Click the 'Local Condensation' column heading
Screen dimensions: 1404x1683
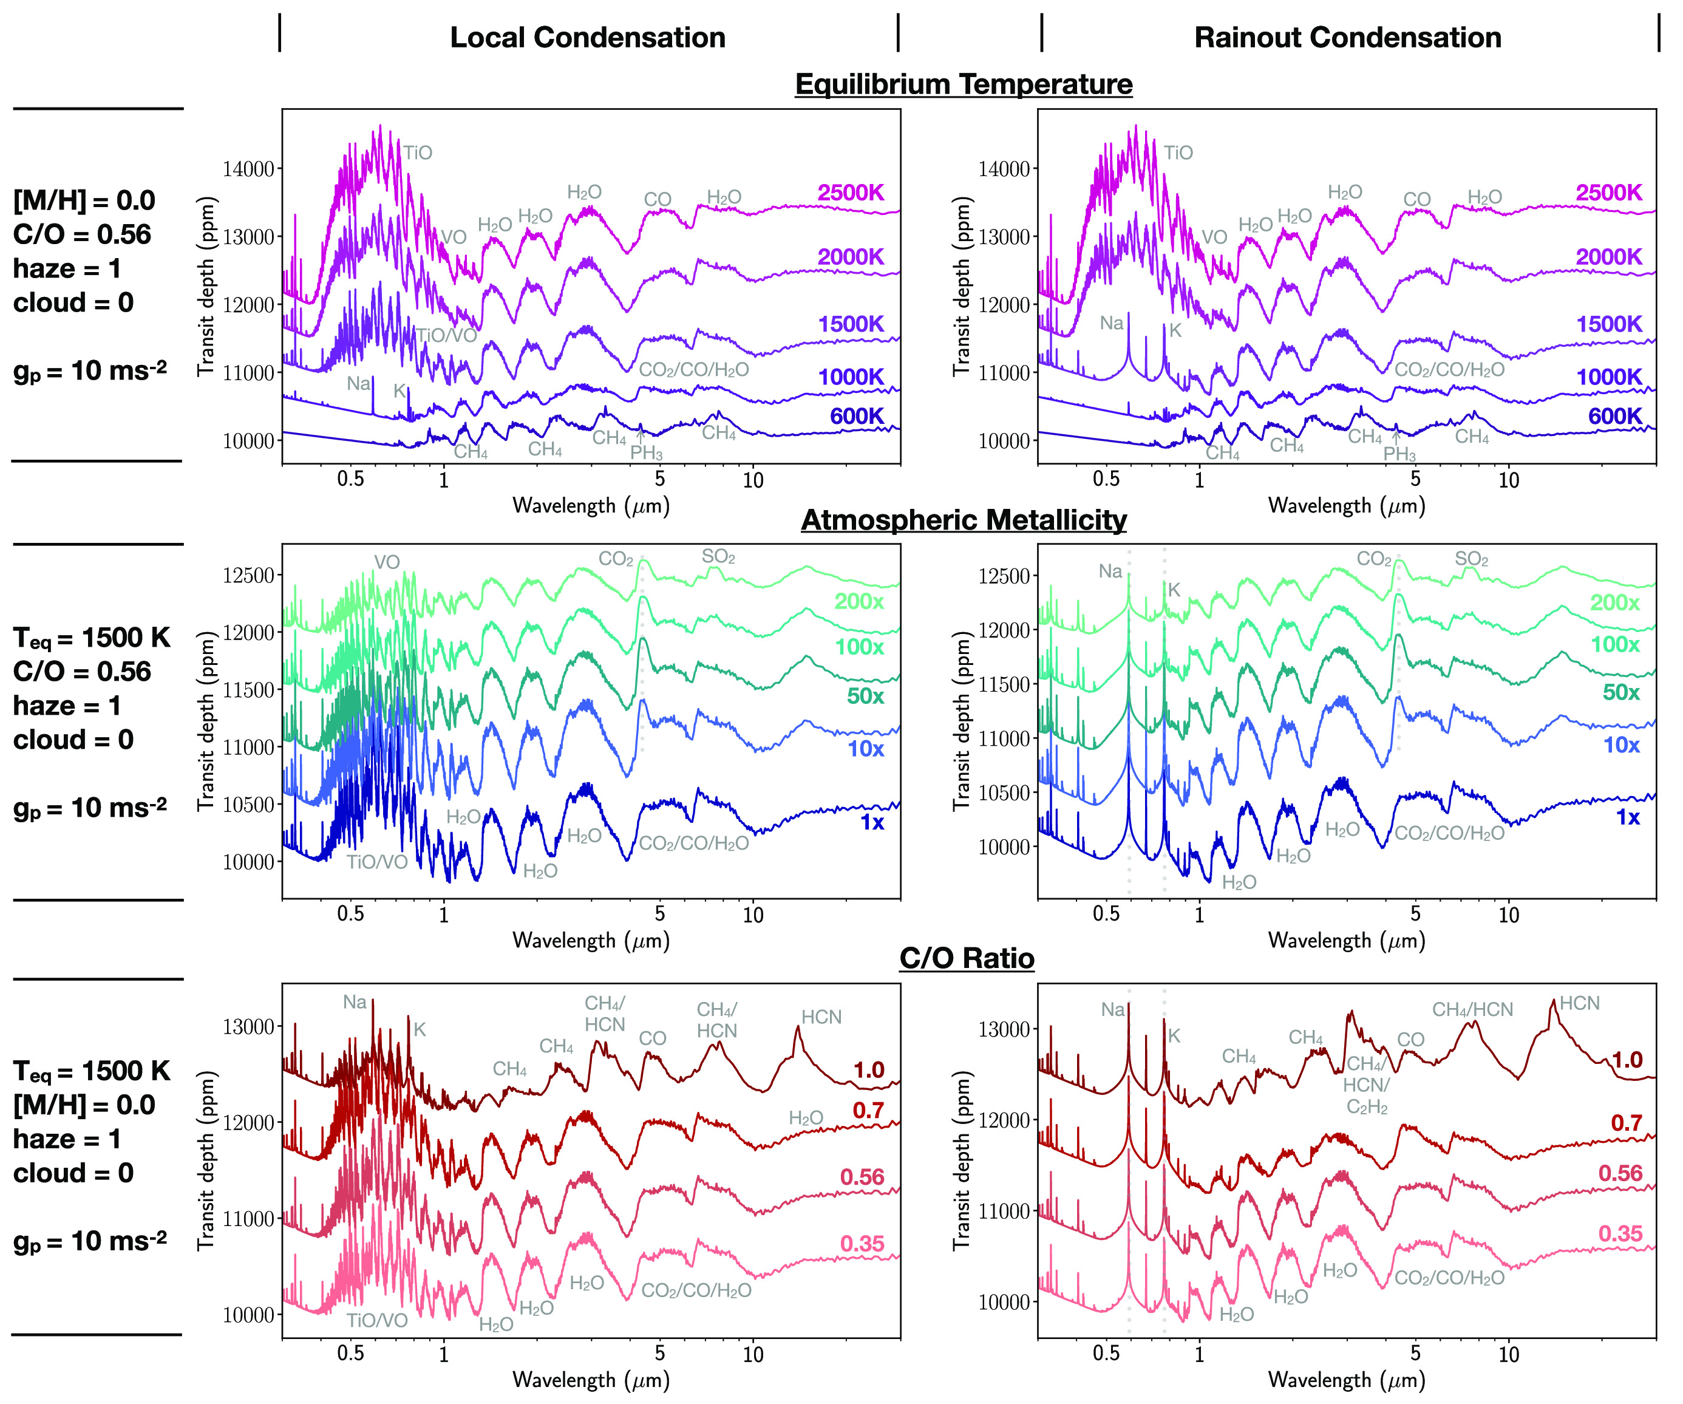[x=588, y=38]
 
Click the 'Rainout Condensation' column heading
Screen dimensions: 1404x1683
[x=1347, y=38]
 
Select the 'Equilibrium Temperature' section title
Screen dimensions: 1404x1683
[x=964, y=84]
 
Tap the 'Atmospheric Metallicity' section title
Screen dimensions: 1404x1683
[x=964, y=520]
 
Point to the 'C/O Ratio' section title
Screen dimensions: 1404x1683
[x=967, y=958]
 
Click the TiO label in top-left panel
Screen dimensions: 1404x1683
[x=418, y=153]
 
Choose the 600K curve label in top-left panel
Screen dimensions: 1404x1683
[x=856, y=417]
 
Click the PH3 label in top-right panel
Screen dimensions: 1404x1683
[x=1399, y=454]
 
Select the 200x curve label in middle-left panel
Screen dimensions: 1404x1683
[x=859, y=602]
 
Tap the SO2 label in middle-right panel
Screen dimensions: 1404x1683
[x=1472, y=559]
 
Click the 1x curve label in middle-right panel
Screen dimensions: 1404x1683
[x=1628, y=817]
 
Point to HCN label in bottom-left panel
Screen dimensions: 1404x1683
[x=821, y=1017]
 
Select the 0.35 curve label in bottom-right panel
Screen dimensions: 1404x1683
[x=1620, y=1234]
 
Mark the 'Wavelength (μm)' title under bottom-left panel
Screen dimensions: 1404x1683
[x=591, y=1380]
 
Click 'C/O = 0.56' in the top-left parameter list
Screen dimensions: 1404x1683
[x=82, y=235]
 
